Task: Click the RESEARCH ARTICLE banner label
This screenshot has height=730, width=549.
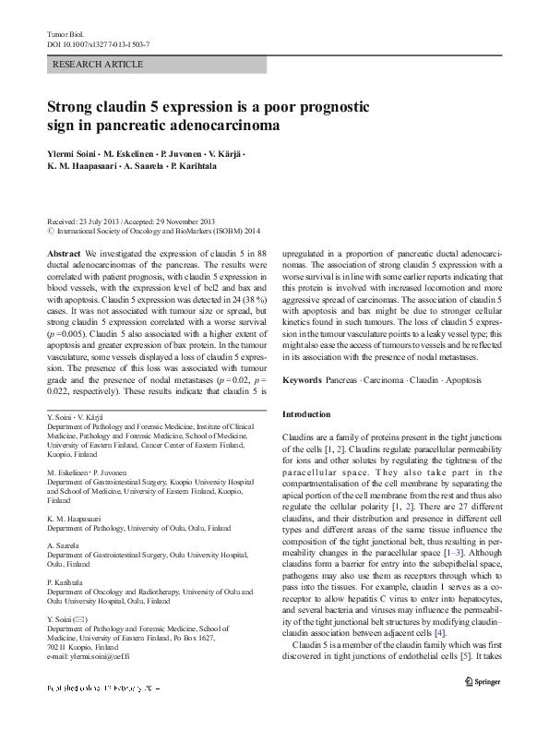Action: [99, 65]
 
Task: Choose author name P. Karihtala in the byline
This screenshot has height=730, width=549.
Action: [197, 167]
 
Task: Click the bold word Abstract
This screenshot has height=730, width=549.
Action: [63, 252]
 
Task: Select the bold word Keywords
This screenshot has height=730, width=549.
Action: [302, 380]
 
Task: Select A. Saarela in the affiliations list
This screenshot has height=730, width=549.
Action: [64, 545]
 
